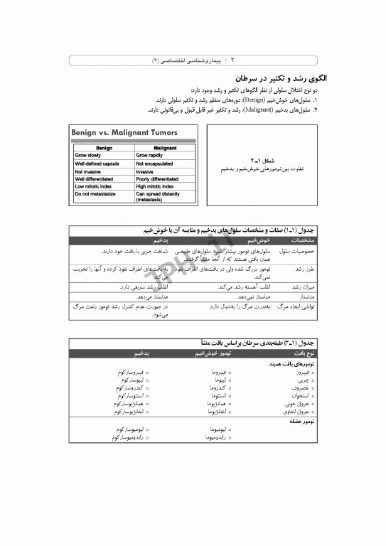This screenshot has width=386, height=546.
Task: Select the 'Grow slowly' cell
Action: coord(88,154)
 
